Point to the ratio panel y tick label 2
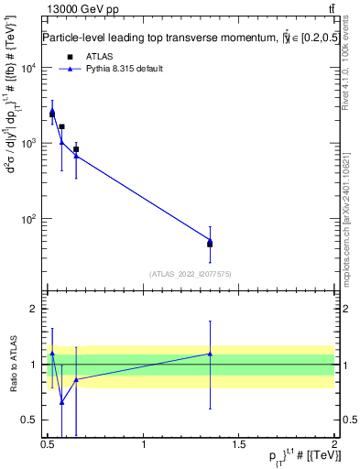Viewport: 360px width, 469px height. (x=33, y=309)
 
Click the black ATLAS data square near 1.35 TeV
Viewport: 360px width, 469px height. (x=210, y=244)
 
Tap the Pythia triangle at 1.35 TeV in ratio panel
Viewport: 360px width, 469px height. (x=210, y=354)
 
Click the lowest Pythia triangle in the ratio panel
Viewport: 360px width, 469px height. (x=61, y=402)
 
